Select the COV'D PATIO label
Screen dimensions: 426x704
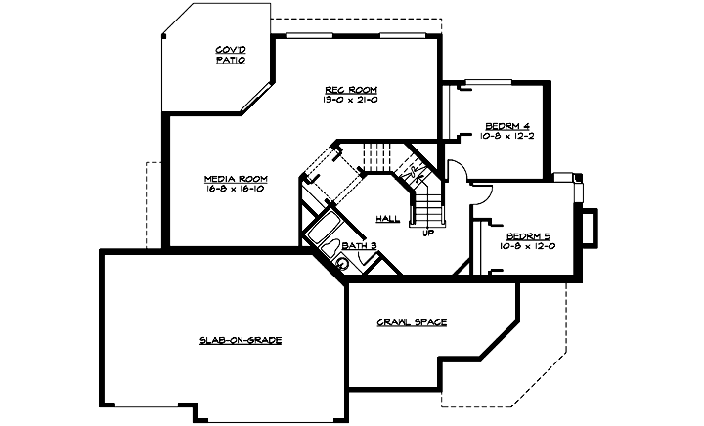230,55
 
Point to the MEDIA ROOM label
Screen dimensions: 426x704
236,178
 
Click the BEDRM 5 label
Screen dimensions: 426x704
528,236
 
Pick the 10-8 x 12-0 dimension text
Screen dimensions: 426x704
528,246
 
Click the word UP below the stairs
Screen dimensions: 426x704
427,234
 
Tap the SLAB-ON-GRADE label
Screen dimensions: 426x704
241,340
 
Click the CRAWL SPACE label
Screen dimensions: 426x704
412,321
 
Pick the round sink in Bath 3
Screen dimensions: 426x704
343,263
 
